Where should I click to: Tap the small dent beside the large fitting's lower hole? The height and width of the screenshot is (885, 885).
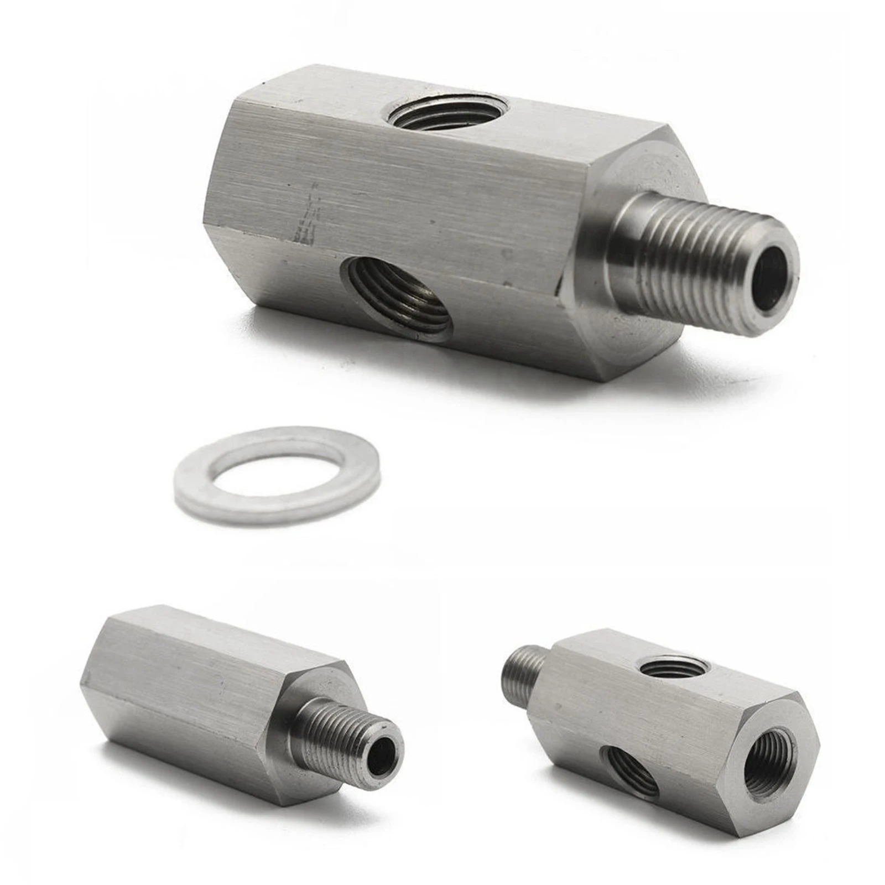[x=507, y=254]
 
